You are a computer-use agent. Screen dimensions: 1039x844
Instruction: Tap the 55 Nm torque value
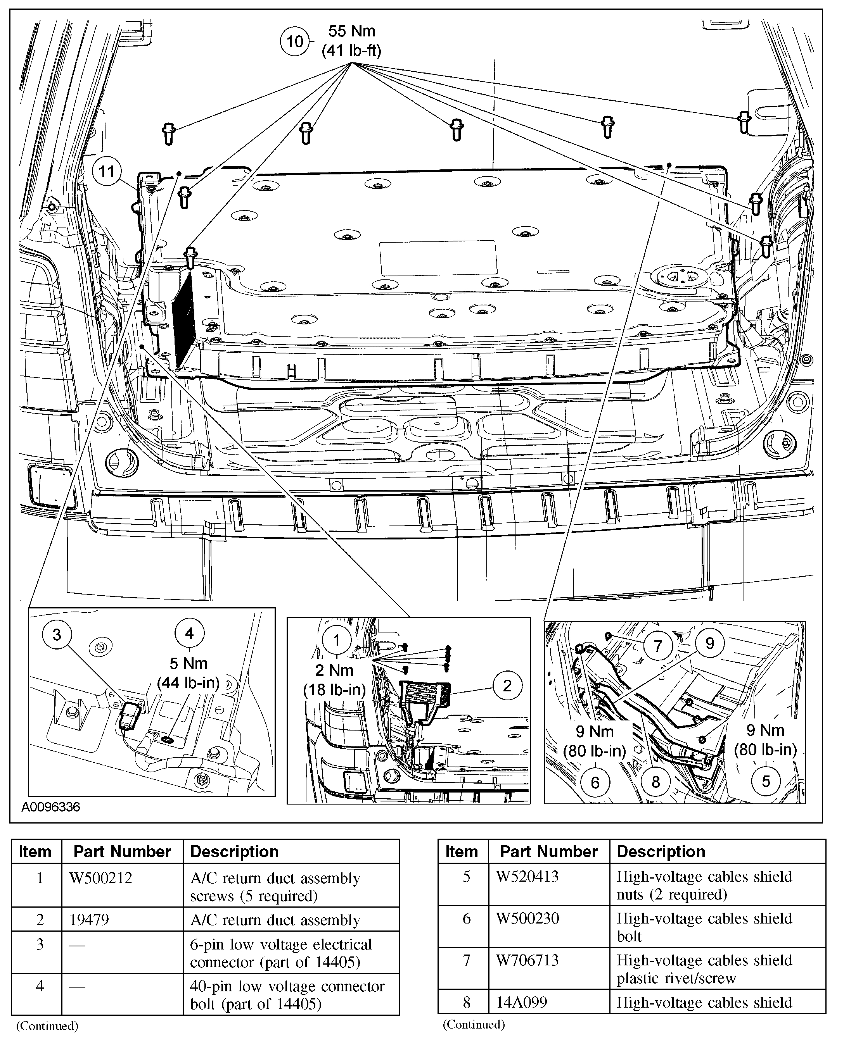tap(351, 31)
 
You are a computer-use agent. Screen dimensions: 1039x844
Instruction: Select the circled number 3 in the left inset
tap(57, 634)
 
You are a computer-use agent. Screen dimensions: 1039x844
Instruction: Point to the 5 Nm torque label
tap(189, 663)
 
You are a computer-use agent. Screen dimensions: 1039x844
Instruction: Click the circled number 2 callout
tap(507, 686)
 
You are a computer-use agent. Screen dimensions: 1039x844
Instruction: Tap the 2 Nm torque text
tap(334, 670)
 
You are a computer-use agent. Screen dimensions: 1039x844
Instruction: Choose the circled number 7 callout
tap(658, 646)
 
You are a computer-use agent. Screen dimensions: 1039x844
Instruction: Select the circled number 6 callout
tap(595, 782)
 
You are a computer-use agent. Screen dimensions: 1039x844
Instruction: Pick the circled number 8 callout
tap(655, 782)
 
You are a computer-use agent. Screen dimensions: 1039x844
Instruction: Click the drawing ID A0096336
tap(50, 807)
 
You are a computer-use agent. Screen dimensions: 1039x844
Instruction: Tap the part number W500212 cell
tap(101, 878)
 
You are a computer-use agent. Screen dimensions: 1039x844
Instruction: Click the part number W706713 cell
tap(527, 960)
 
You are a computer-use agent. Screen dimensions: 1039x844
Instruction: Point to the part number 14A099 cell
tap(521, 1002)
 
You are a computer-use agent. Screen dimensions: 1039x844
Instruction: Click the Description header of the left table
tap(234, 851)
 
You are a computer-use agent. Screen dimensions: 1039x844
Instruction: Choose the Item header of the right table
tap(462, 851)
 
